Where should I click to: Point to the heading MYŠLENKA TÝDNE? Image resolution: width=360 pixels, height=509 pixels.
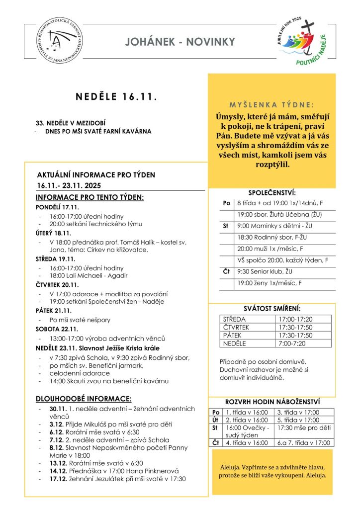(271, 105)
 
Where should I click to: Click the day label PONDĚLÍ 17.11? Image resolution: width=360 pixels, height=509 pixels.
(58, 207)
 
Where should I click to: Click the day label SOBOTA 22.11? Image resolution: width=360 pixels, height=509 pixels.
(56, 329)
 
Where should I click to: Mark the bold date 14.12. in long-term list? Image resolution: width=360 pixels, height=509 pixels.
(57, 471)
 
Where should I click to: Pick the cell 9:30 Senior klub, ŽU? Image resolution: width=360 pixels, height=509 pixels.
(267, 271)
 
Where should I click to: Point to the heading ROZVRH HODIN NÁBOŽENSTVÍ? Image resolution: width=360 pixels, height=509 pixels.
(272, 402)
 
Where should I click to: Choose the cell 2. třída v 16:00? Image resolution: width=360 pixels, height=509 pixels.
(247, 420)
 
